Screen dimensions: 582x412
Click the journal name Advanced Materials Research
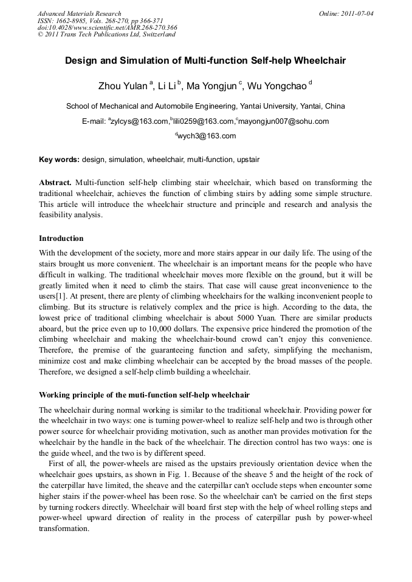tap(79, 13)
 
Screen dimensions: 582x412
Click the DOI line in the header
tap(107, 27)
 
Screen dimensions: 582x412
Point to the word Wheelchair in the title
tap(318, 61)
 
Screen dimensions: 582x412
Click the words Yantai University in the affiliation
tap(271, 106)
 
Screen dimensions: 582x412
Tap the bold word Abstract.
tap(55, 183)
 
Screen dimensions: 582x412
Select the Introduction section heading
tap(61, 239)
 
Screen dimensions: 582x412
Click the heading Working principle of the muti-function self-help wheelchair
tap(144, 395)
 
